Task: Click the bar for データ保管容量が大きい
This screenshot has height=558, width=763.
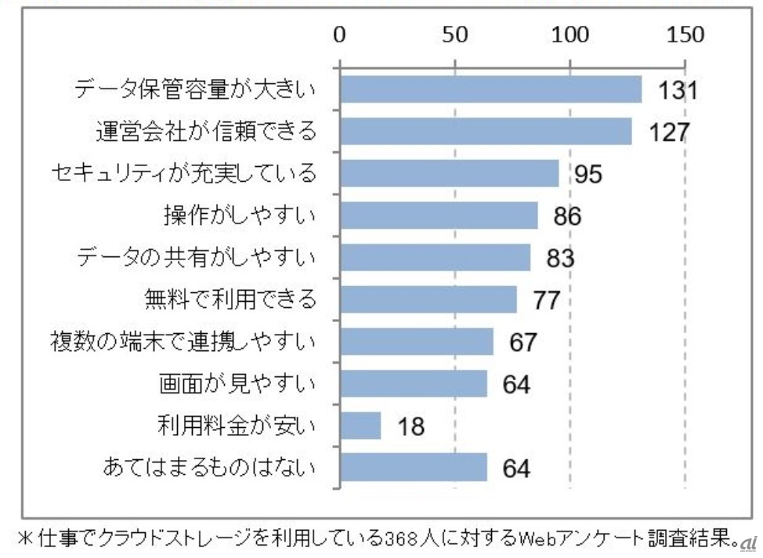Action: click(x=490, y=89)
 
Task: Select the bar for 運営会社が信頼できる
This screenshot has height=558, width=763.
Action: click(x=486, y=131)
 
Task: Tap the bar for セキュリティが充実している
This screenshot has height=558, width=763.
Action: click(x=449, y=173)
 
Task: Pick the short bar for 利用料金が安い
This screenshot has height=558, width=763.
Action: click(x=360, y=426)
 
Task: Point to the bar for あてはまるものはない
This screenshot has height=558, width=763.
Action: click(x=413, y=468)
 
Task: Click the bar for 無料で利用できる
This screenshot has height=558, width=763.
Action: click(x=429, y=299)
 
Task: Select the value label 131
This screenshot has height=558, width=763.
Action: click(x=677, y=91)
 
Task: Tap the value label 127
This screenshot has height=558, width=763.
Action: click(x=668, y=132)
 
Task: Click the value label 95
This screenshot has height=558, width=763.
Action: click(x=588, y=174)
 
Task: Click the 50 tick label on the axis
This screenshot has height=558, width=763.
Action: click(x=454, y=34)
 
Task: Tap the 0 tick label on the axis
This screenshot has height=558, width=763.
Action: click(x=339, y=34)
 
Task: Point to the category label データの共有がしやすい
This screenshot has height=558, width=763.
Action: click(x=197, y=257)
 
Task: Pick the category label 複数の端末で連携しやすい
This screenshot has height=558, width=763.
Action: click(x=182, y=342)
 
